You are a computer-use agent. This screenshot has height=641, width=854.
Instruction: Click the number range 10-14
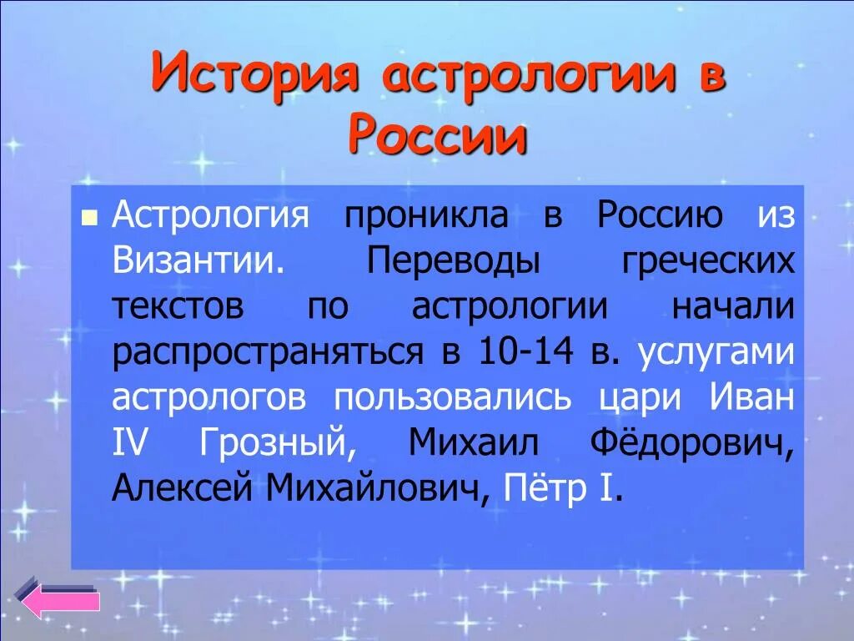click(x=526, y=352)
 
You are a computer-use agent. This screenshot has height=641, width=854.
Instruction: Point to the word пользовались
click(x=453, y=397)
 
